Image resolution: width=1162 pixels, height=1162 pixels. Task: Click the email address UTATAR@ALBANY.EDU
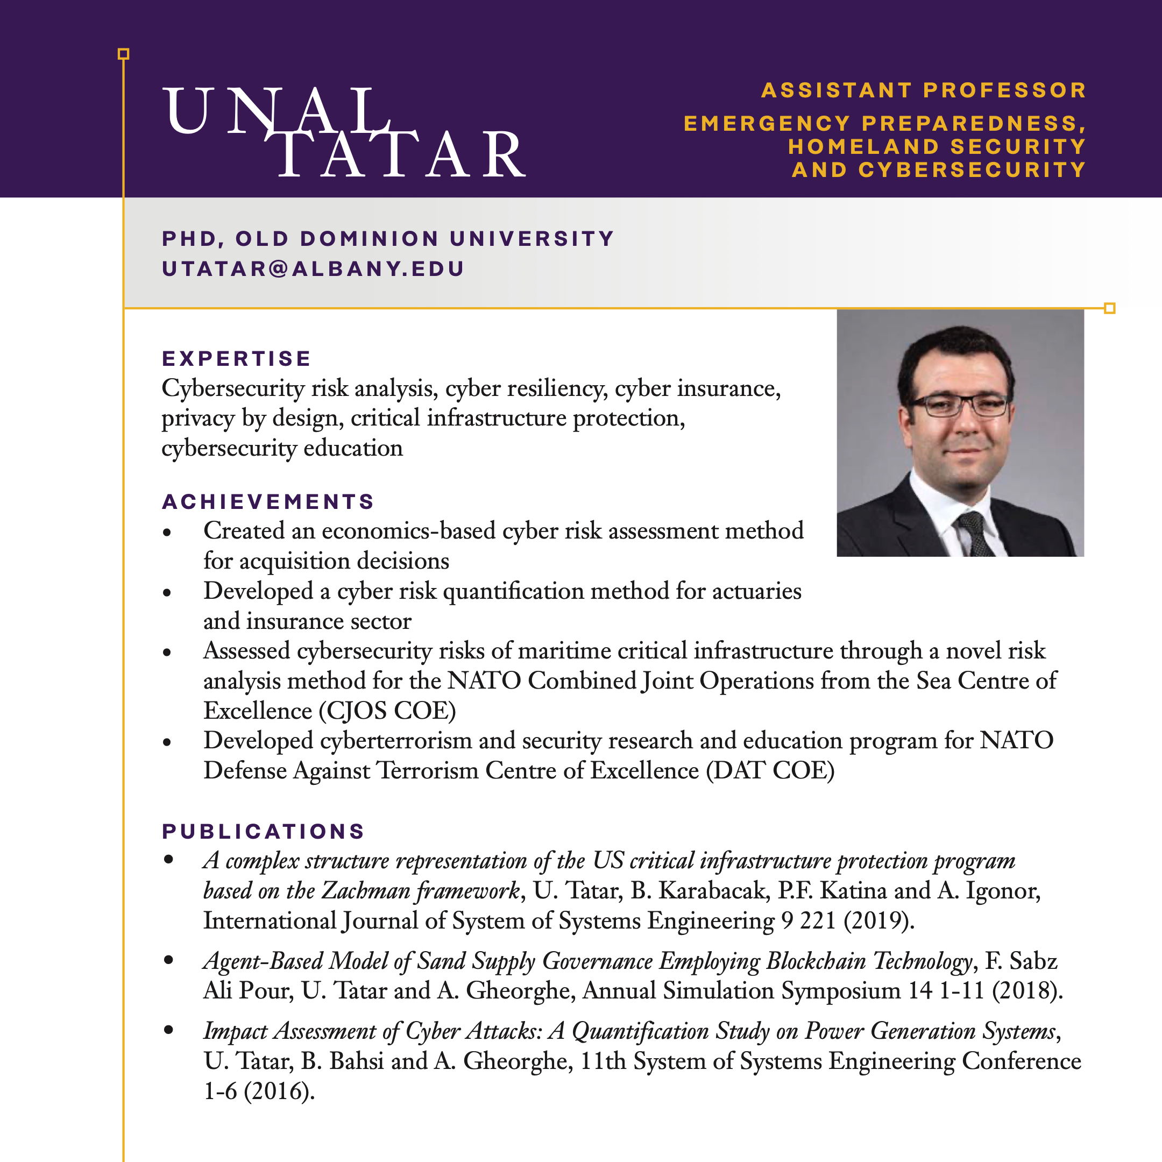[x=313, y=269]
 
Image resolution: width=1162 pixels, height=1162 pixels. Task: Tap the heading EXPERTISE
[x=236, y=358]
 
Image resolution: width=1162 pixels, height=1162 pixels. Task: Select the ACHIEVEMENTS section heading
[x=268, y=501]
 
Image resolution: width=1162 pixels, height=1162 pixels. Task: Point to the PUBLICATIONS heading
[x=264, y=832]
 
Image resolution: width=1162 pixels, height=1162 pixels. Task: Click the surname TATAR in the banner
[x=400, y=154]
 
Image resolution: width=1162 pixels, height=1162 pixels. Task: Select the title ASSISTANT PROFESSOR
[x=924, y=90]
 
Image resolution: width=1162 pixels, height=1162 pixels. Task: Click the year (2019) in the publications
[x=878, y=921]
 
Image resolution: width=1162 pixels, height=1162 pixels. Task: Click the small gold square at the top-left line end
[x=123, y=54]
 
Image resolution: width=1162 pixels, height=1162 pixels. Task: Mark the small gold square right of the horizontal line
[x=1110, y=309]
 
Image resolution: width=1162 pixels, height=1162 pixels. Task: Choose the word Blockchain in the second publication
[x=816, y=961]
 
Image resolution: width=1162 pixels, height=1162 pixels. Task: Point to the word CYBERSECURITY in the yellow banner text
[x=972, y=170]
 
